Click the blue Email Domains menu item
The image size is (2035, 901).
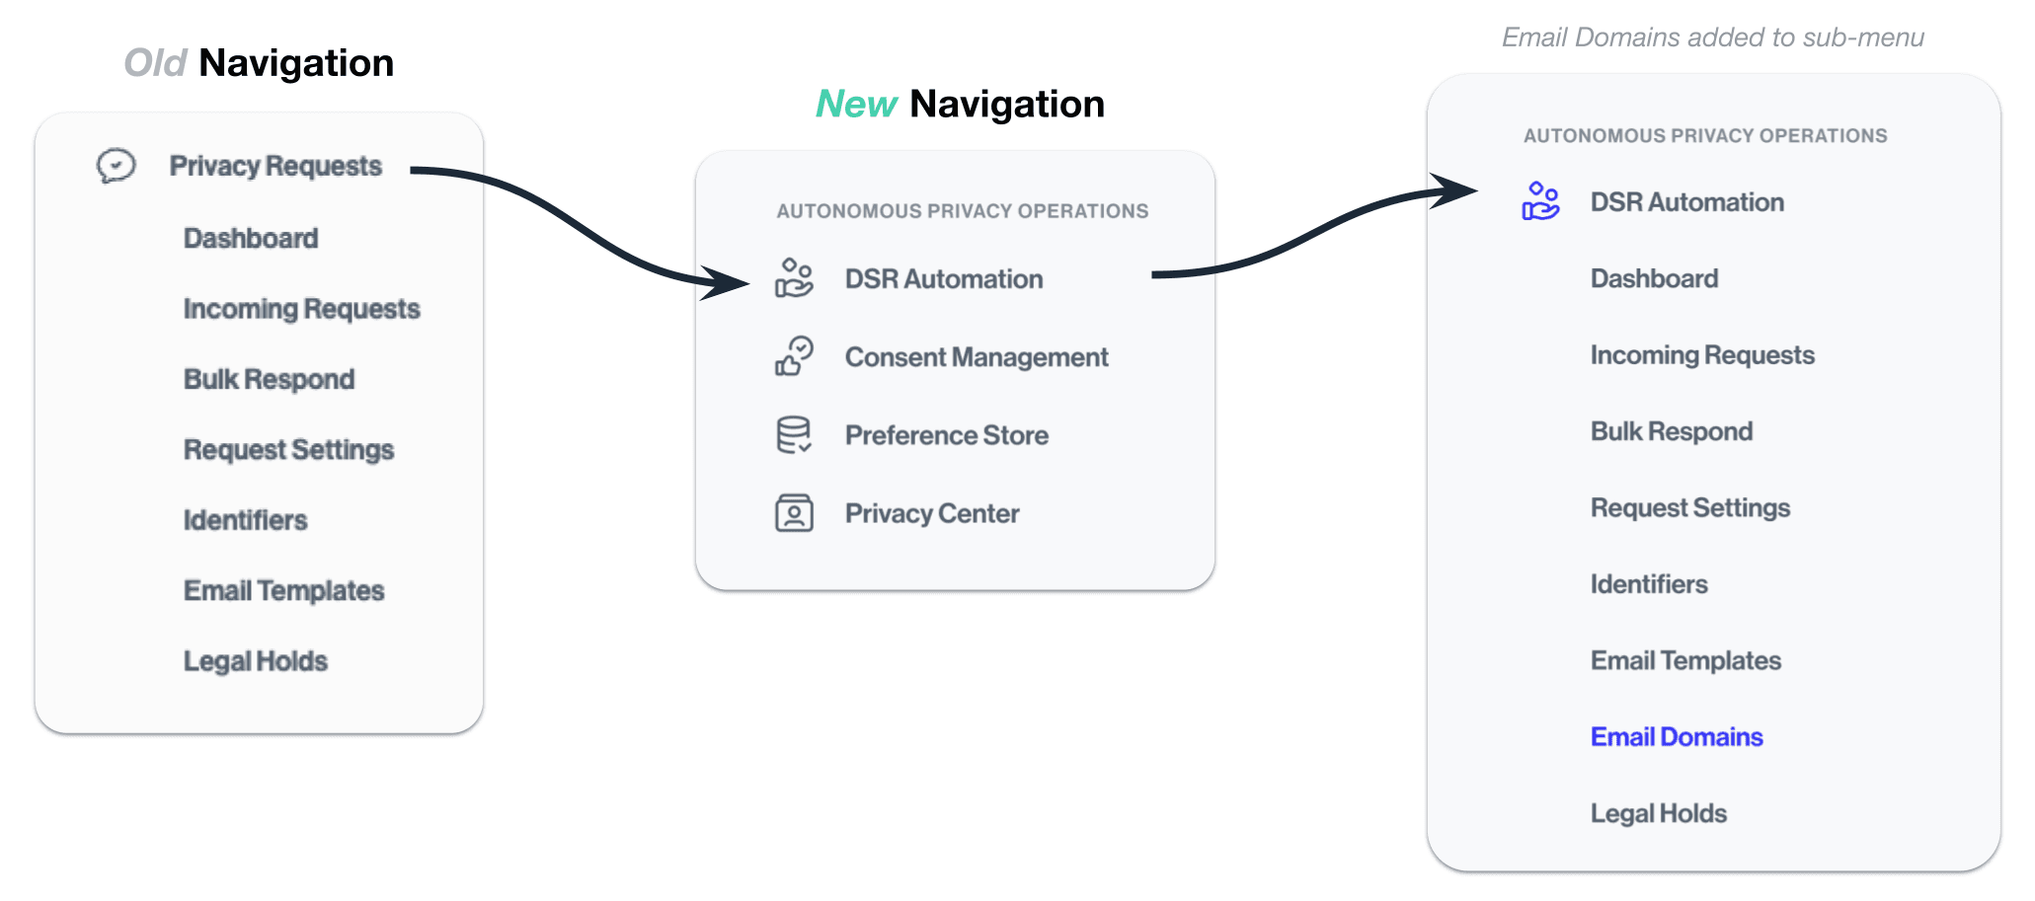coord(1676,737)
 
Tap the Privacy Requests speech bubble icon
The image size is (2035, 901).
coord(116,166)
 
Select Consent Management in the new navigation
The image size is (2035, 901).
coord(976,357)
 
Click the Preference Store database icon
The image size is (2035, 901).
coord(794,435)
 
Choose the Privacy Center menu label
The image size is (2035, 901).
coord(931,513)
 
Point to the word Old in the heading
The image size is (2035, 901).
coord(155,63)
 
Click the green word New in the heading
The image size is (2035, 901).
coord(855,104)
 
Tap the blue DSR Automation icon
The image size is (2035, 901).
coord(1539,201)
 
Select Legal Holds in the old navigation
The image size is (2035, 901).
coord(255,661)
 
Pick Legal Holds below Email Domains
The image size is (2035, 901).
coord(1658,813)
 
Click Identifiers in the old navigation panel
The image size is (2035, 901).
coord(245,520)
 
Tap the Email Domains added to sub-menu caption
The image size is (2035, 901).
coord(1712,38)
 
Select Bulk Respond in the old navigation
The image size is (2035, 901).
coord(269,379)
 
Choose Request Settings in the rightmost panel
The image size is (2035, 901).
coord(1689,508)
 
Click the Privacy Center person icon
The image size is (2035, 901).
coord(794,513)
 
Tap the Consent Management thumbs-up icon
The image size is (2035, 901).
coord(794,357)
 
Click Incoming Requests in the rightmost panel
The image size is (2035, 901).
coord(1701,355)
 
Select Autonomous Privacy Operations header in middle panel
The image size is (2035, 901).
coord(962,211)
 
